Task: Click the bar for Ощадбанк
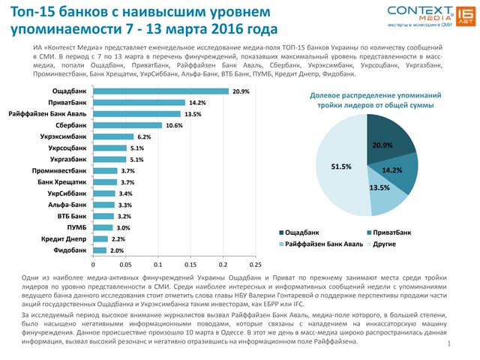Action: pyautogui.click(x=160, y=91)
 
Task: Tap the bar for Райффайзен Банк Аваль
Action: pyautogui.click(x=136, y=114)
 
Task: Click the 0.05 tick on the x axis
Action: pyautogui.click(x=125, y=265)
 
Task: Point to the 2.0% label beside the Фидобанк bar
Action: pyautogui.click(x=116, y=250)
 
